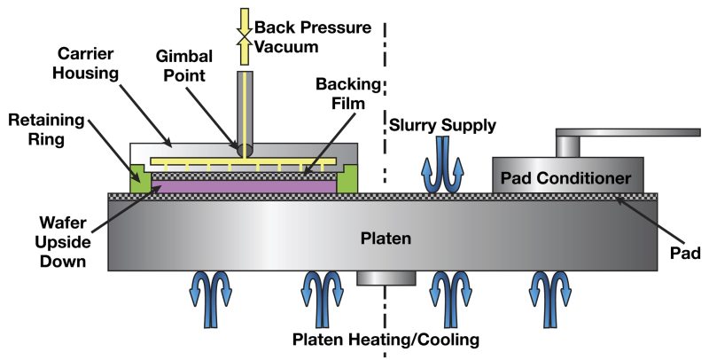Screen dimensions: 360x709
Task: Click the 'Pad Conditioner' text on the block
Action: [x=565, y=177]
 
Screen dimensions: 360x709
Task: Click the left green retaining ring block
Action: [x=140, y=176]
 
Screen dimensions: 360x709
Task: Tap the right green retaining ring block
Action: [x=347, y=176]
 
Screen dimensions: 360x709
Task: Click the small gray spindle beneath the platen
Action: [x=386, y=278]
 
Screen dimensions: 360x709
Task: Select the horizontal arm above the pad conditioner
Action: [x=629, y=133]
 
